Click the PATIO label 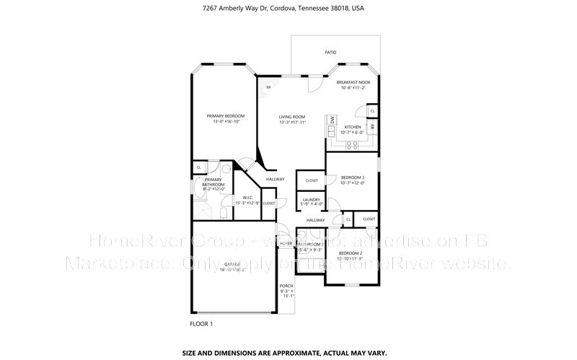[x=330, y=53]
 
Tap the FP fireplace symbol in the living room [x=268, y=88]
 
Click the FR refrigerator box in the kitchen [x=372, y=126]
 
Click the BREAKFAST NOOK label [x=353, y=83]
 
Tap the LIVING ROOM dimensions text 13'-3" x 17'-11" [x=292, y=123]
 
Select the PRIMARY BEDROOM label [x=226, y=116]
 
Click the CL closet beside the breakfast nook [x=372, y=111]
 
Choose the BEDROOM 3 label [x=353, y=177]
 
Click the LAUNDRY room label [x=311, y=200]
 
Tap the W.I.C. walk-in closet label [x=247, y=197]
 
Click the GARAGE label [x=232, y=265]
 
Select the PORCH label [x=286, y=286]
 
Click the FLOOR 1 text [x=201, y=324]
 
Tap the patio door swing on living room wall [x=313, y=84]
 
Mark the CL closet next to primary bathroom [x=198, y=167]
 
